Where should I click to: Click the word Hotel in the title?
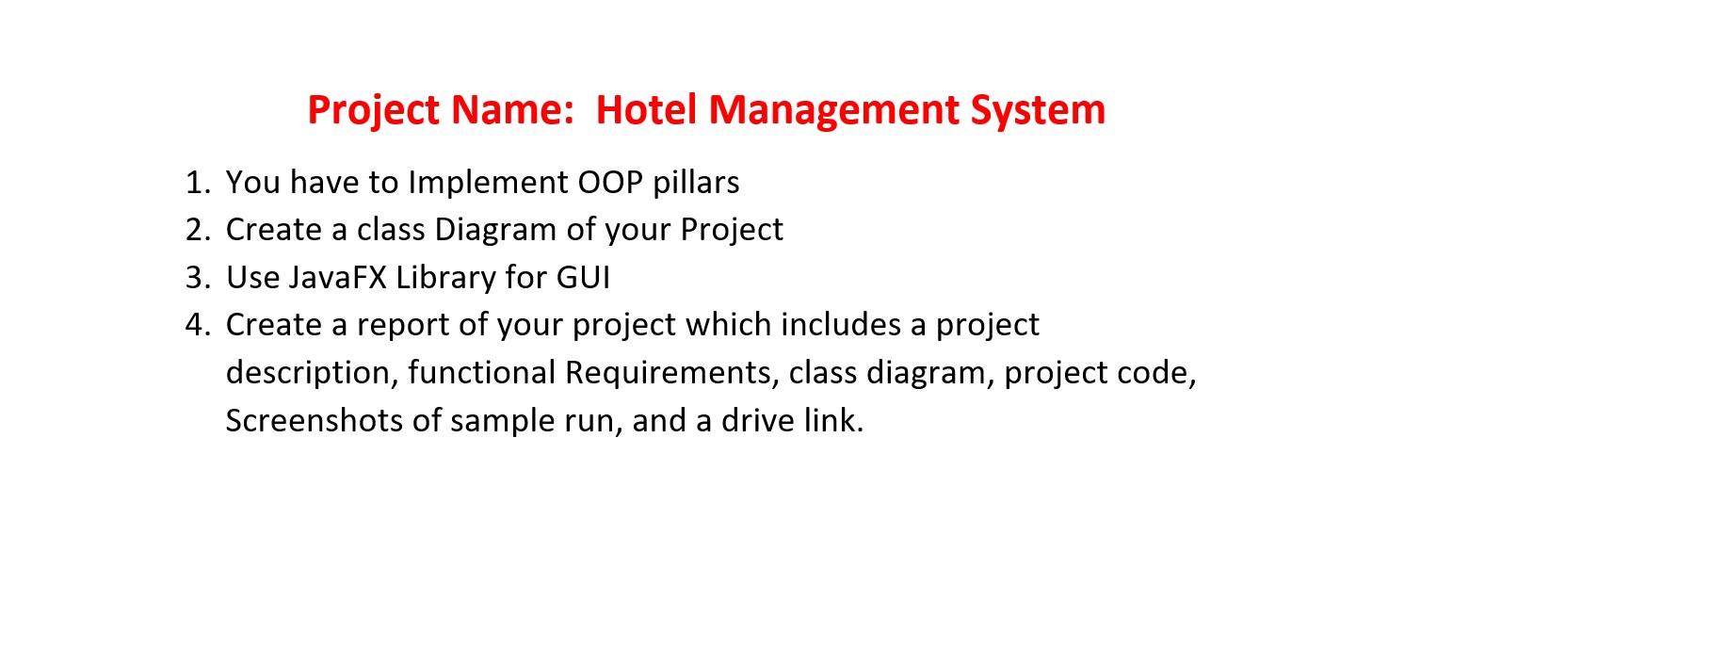click(x=647, y=109)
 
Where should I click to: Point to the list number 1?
click(x=196, y=182)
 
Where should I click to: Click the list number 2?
click(x=196, y=230)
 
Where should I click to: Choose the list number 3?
click(x=196, y=277)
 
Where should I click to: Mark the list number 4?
click(x=196, y=325)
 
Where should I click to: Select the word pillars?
click(x=696, y=182)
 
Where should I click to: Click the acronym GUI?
click(x=583, y=277)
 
